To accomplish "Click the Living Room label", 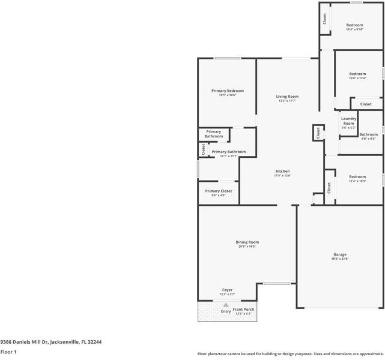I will tap(287, 97).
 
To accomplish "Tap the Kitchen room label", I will tap(282, 171).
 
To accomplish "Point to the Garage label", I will tap(340, 254).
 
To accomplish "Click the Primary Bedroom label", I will tap(227, 91).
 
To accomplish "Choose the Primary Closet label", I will tap(218, 191).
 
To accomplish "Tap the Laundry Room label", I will tap(348, 121).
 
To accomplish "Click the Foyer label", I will tap(227, 290).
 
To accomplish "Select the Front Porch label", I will tap(243, 309).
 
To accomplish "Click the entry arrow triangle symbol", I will tap(226, 305).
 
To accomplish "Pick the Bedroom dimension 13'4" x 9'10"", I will tap(354, 29).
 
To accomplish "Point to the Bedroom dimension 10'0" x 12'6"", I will tap(357, 78).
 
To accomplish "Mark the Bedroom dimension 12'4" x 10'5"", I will tap(357, 181).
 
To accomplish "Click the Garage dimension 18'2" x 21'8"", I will tap(340, 259).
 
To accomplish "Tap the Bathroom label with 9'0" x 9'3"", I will tap(368, 134).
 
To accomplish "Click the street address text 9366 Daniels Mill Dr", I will tap(50, 341).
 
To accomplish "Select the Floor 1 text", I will tap(8, 352).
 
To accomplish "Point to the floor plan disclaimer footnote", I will tap(290, 353).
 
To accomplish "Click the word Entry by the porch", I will tap(226, 311).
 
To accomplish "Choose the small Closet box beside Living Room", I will tap(317, 133).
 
